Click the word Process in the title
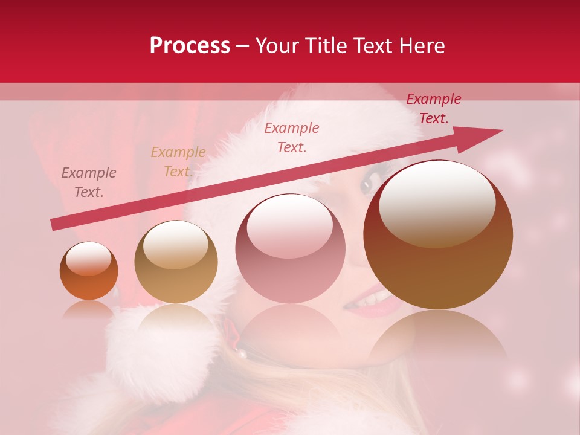(190, 46)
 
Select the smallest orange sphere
(89, 271)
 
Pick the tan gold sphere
(176, 262)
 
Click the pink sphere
(290, 249)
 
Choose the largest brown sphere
(438, 234)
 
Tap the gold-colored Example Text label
(178, 162)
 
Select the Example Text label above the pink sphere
(292, 137)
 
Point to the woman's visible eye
(367, 185)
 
